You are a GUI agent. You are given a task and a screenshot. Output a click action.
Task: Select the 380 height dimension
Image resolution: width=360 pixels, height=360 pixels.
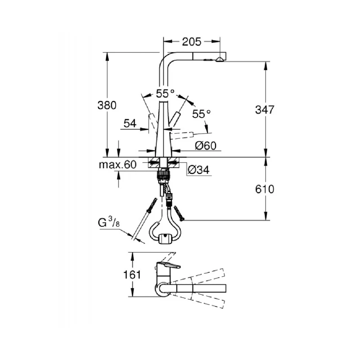(107, 105)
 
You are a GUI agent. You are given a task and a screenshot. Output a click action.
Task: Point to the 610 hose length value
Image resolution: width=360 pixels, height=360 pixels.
(265, 189)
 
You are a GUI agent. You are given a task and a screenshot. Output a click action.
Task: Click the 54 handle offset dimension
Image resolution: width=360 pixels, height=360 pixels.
(130, 123)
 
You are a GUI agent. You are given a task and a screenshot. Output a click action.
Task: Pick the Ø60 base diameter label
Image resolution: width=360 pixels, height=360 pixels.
(206, 145)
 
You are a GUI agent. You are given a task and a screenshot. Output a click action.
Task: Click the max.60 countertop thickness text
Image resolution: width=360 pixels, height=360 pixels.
(117, 165)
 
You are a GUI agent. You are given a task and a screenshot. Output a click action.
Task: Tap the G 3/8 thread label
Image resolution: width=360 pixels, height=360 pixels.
(108, 222)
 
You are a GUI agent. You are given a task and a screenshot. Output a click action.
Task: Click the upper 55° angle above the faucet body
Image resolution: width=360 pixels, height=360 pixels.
(165, 94)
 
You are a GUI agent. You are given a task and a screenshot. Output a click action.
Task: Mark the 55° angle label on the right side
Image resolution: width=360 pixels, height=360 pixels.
(201, 114)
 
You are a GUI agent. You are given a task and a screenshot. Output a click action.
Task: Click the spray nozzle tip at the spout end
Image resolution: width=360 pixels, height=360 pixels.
(220, 59)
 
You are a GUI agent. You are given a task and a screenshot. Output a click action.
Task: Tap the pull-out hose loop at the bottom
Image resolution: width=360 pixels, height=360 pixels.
(166, 232)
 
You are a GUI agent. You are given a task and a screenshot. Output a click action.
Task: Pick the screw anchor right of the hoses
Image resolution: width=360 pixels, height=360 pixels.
(179, 212)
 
